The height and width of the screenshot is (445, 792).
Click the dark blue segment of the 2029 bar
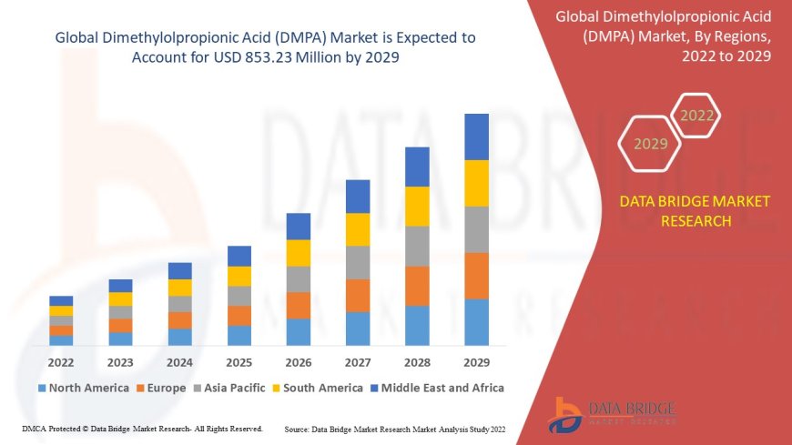[x=476, y=137]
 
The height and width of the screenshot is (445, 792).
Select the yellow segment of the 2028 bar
[x=417, y=206]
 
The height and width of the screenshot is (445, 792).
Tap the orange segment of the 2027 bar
[x=358, y=295]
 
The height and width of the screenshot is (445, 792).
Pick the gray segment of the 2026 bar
[x=299, y=278]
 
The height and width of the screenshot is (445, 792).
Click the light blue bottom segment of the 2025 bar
[x=239, y=335]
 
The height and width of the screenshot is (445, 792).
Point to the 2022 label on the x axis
[x=61, y=360]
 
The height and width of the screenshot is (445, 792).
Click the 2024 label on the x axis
[x=179, y=360]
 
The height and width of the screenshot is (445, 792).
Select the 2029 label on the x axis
[x=476, y=360]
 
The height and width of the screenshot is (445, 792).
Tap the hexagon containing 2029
[x=650, y=144]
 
